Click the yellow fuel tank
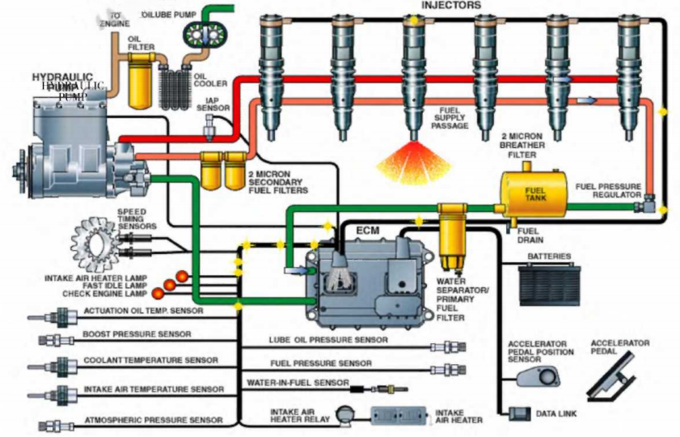point(534,193)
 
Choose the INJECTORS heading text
point(451,6)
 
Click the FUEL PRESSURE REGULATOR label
point(609,190)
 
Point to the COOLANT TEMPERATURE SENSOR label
point(150,360)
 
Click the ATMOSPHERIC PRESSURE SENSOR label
point(154,421)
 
